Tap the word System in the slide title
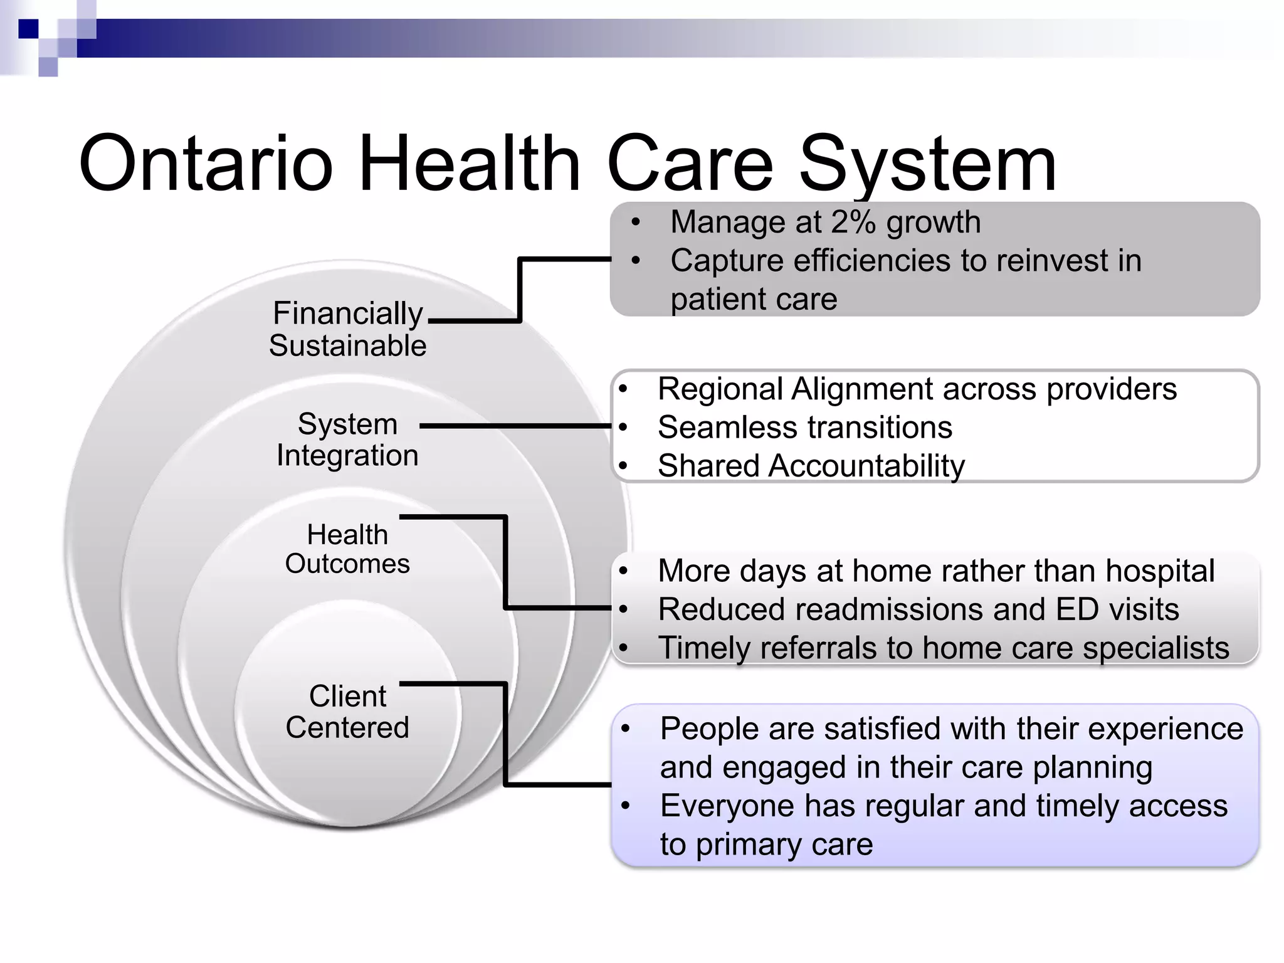(927, 164)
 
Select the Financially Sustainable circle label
(348, 329)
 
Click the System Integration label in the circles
(347, 439)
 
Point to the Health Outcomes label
(347, 549)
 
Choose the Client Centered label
(347, 712)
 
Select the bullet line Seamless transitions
(804, 428)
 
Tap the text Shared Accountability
(811, 466)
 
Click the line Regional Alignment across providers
(917, 389)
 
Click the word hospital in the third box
(1160, 571)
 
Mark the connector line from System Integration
(514, 426)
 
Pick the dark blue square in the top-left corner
(28, 29)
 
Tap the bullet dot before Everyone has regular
(625, 806)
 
